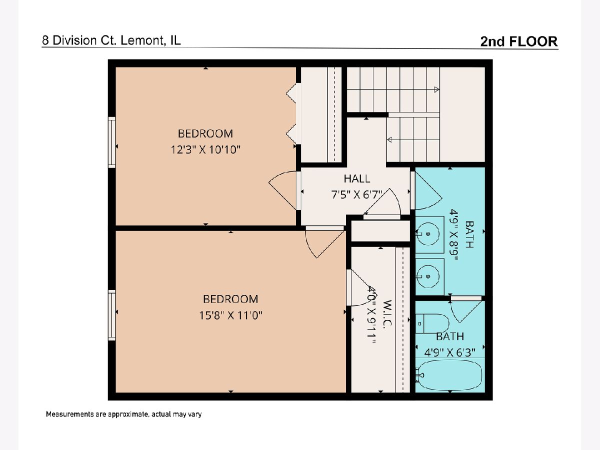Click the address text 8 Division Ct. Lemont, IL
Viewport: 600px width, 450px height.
[111, 40]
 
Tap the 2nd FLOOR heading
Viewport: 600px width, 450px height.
[519, 41]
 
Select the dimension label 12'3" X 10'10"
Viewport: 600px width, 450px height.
[205, 149]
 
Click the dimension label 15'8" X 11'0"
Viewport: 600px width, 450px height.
[230, 315]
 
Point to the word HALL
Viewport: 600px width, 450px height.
[356, 178]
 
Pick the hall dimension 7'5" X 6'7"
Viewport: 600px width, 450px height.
[356, 194]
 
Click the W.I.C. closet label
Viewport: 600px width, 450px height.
[387, 313]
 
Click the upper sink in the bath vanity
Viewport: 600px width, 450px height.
[428, 234]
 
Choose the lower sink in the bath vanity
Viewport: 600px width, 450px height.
[428, 276]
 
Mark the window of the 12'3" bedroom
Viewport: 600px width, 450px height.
[112, 142]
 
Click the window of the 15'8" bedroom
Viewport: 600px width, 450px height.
[112, 315]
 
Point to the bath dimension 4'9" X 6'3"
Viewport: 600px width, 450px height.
[449, 352]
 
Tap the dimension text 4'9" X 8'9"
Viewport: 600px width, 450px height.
[454, 234]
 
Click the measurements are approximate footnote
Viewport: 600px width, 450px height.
[123, 414]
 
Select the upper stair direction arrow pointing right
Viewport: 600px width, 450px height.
[436, 89]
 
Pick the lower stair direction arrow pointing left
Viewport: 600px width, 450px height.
[389, 139]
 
